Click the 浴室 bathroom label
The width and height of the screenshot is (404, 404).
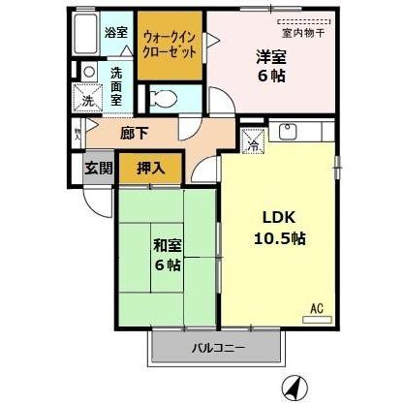115,32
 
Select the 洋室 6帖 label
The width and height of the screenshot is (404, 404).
270,64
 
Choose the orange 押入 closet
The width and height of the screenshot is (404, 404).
150,168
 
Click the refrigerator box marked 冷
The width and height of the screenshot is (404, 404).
252,140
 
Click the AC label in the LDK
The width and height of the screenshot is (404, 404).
316,310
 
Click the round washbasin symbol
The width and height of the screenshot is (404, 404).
88,71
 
